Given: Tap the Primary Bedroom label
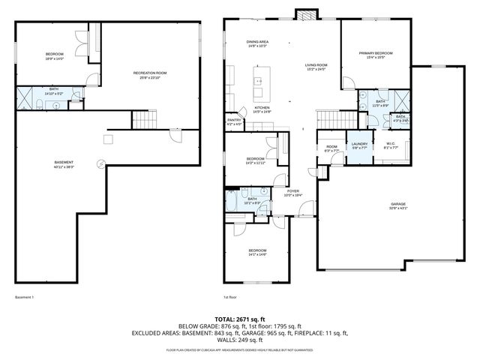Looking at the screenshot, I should [x=375, y=53].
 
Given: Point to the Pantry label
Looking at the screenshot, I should [x=234, y=120].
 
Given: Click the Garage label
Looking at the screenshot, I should [x=397, y=205].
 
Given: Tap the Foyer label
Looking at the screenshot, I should [x=292, y=191].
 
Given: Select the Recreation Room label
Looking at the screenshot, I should [x=150, y=73].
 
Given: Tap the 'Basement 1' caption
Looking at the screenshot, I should [x=25, y=298].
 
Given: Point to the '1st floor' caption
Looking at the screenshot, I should [x=230, y=298].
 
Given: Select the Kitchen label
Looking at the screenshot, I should [x=262, y=108].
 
